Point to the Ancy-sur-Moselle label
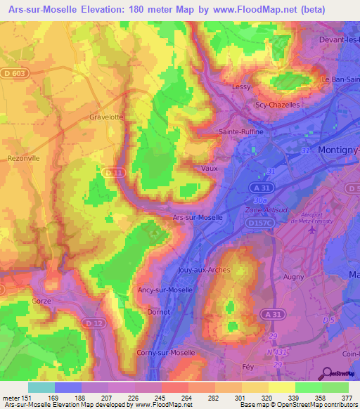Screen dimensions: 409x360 (x=164, y=289)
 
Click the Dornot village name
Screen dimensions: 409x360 (x=158, y=312)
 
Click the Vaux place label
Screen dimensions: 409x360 (x=209, y=169)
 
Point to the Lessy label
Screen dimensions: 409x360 (x=241, y=87)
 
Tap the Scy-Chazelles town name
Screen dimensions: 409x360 (x=277, y=105)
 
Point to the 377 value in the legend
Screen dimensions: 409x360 (x=347, y=397)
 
